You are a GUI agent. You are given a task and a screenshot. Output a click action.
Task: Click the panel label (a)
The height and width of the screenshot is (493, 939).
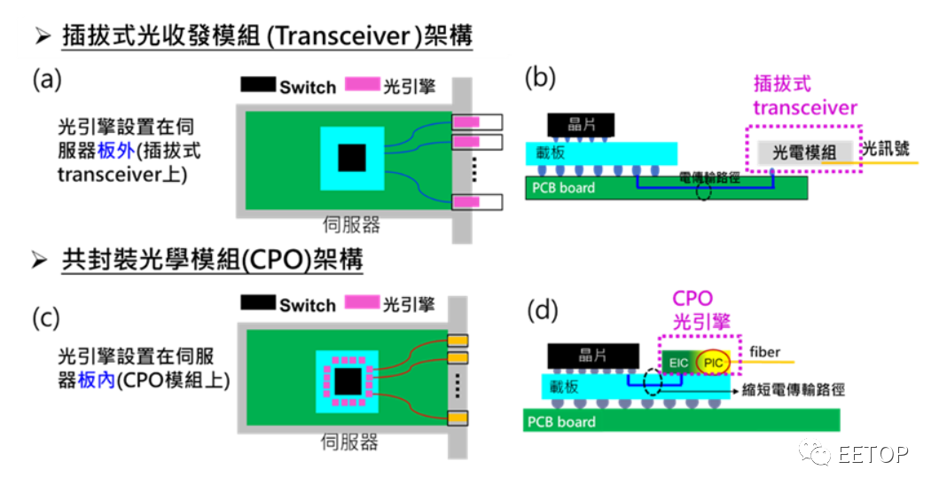coord(46,81)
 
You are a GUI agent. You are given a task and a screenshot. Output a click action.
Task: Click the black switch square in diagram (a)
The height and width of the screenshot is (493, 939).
coord(352,158)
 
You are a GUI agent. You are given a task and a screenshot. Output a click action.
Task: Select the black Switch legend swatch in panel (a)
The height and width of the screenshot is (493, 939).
coord(258,86)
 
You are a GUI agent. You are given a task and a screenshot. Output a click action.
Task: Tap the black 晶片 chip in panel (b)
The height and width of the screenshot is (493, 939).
coord(582,124)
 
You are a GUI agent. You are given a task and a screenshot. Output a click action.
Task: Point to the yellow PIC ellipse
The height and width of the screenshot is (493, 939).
coord(712,363)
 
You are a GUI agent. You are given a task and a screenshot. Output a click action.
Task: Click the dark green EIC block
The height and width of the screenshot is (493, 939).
coord(677,363)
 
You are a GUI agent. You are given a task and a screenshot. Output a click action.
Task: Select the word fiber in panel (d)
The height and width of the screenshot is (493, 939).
coord(765,352)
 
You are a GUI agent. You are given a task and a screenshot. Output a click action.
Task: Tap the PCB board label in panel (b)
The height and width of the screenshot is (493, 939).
coord(564,188)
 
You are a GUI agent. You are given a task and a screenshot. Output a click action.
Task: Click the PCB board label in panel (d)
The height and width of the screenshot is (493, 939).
coord(563,421)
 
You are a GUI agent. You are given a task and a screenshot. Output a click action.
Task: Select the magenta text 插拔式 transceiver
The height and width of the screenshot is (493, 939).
coord(804,97)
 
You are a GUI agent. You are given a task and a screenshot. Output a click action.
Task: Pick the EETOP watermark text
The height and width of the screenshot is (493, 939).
coord(872,454)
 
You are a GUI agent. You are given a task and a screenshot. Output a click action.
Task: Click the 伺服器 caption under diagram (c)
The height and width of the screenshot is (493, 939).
coord(351,441)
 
